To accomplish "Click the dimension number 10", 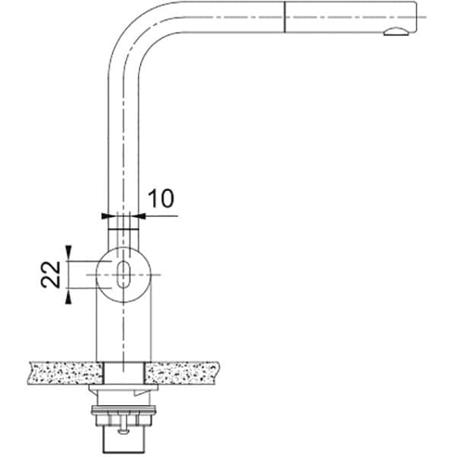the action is pos(161,199).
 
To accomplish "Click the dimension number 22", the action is pos(50,274).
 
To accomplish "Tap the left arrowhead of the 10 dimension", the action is pos(105,216).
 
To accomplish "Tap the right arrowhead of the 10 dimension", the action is pos(142,216).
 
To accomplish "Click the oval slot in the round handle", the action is pos(123,274).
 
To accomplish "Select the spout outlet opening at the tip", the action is pos(396,32).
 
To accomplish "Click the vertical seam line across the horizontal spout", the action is pos(284,17).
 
